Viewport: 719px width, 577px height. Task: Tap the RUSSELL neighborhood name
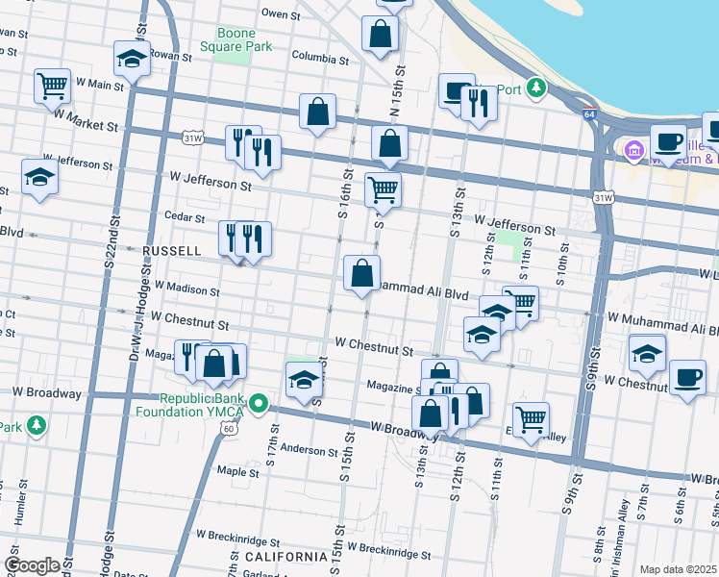tap(171, 251)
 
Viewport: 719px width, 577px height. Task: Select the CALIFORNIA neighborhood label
tap(285, 557)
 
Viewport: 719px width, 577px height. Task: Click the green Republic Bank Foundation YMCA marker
tap(258, 403)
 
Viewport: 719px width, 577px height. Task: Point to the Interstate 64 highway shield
tap(588, 114)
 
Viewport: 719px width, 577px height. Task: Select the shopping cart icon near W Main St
tap(52, 85)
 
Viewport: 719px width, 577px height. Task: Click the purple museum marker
tap(633, 150)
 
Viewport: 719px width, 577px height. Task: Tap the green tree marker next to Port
tap(535, 90)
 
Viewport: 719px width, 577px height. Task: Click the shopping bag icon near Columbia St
tap(381, 33)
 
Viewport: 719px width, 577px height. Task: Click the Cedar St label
tap(186, 216)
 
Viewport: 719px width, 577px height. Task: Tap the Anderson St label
tap(306, 449)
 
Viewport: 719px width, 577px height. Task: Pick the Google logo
tap(32, 565)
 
